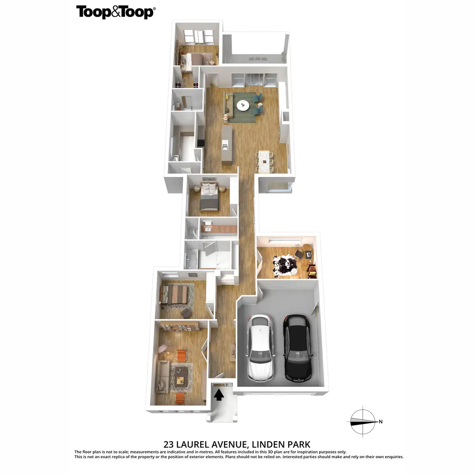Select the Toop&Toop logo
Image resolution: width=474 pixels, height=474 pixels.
click(116, 12)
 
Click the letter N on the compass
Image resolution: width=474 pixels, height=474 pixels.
click(380, 422)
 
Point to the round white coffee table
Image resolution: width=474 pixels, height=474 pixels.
click(243, 105)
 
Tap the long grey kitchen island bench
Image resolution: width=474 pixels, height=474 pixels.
click(227, 145)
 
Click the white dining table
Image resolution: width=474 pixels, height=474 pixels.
click(264, 161)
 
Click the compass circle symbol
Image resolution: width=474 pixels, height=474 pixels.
click(363, 422)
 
